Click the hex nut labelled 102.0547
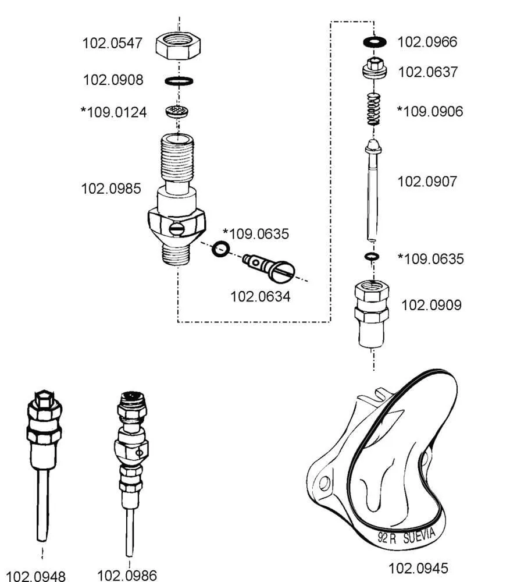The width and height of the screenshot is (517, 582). click(x=179, y=45)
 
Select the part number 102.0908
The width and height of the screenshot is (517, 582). click(x=113, y=80)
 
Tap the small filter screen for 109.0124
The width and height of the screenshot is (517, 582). click(x=179, y=111)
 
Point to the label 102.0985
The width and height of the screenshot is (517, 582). click(x=110, y=189)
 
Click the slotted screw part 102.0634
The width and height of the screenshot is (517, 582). click(x=269, y=266)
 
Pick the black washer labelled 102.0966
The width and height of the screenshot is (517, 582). click(x=375, y=42)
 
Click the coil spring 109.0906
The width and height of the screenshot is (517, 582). click(x=373, y=108)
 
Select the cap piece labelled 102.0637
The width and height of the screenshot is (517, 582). click(x=375, y=69)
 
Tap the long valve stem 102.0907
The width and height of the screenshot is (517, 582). click(x=373, y=192)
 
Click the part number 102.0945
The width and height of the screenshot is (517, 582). click(x=418, y=567)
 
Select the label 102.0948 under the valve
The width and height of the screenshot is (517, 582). click(x=36, y=576)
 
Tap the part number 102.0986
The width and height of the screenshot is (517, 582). click(x=127, y=575)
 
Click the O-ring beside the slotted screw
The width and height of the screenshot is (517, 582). click(x=220, y=249)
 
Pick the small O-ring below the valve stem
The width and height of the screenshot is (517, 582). click(x=372, y=256)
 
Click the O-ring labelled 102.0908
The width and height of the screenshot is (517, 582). click(x=179, y=80)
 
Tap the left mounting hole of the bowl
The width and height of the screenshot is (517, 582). click(x=325, y=482)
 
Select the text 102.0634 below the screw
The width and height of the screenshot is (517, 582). click(x=260, y=296)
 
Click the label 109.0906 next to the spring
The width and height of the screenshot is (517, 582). click(x=430, y=111)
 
